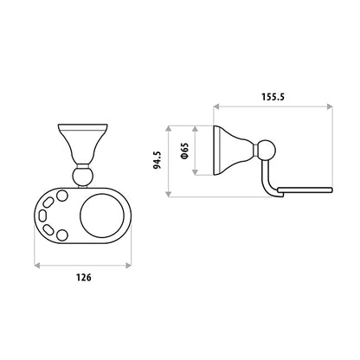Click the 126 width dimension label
pyautogui.click(x=84, y=277)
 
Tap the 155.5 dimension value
pyautogui.click(x=273, y=97)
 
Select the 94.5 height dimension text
pyautogui.click(x=157, y=160)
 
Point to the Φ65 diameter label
pyautogui.click(x=184, y=151)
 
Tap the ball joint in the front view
pyautogui.click(x=83, y=177)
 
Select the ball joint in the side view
pyautogui.click(x=266, y=151)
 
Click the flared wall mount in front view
pyautogui.click(x=83, y=144)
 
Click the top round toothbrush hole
pyautogui.click(x=61, y=196)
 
